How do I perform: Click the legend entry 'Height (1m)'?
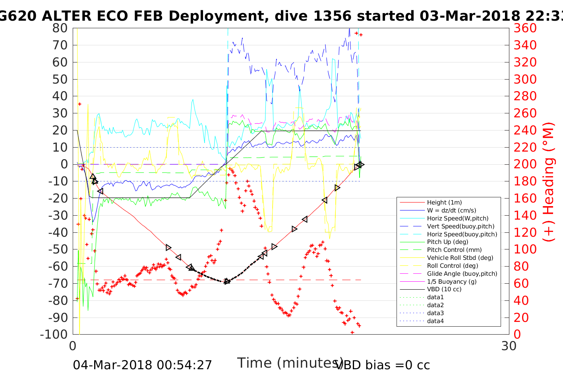tap(444, 203)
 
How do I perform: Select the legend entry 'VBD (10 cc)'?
tap(444, 289)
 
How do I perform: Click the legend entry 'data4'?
tap(435, 321)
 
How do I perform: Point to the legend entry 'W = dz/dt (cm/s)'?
tap(451, 210)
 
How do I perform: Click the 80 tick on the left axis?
tap(60, 28)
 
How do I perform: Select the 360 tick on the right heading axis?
tap(525, 28)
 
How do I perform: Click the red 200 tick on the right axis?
tap(525, 164)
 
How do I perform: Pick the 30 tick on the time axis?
tap(509, 346)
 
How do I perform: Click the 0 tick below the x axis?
tap(73, 346)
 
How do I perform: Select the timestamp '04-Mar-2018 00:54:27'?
tap(142, 365)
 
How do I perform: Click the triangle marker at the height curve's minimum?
tap(227, 281)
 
